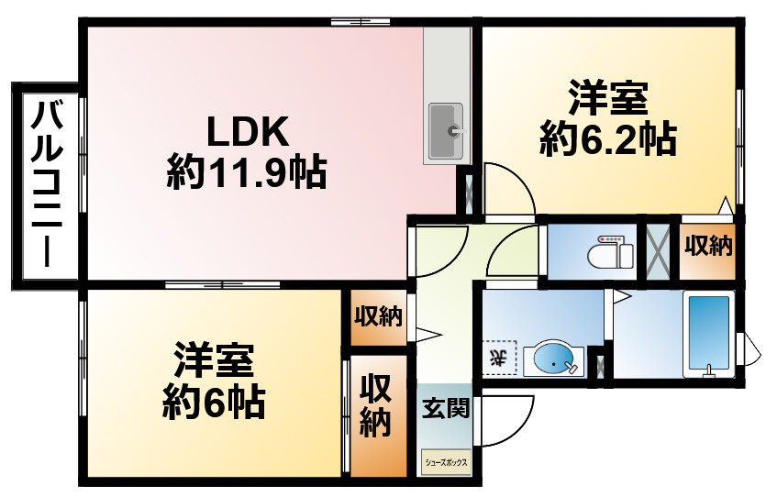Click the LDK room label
pos(248,132)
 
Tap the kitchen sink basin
pos(446,131)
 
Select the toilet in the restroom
pos(610,253)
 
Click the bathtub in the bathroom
pos(708,335)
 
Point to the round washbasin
pos(553,359)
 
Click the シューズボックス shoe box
pos(446,462)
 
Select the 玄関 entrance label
pos(446,408)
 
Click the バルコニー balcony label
pos(47,184)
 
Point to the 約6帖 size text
pos(214,402)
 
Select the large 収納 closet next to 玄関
pos(375,404)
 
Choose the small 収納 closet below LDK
pos(378,316)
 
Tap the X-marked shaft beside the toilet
pos(658,252)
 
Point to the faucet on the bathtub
pos(710,370)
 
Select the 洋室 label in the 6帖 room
pos(214,360)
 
